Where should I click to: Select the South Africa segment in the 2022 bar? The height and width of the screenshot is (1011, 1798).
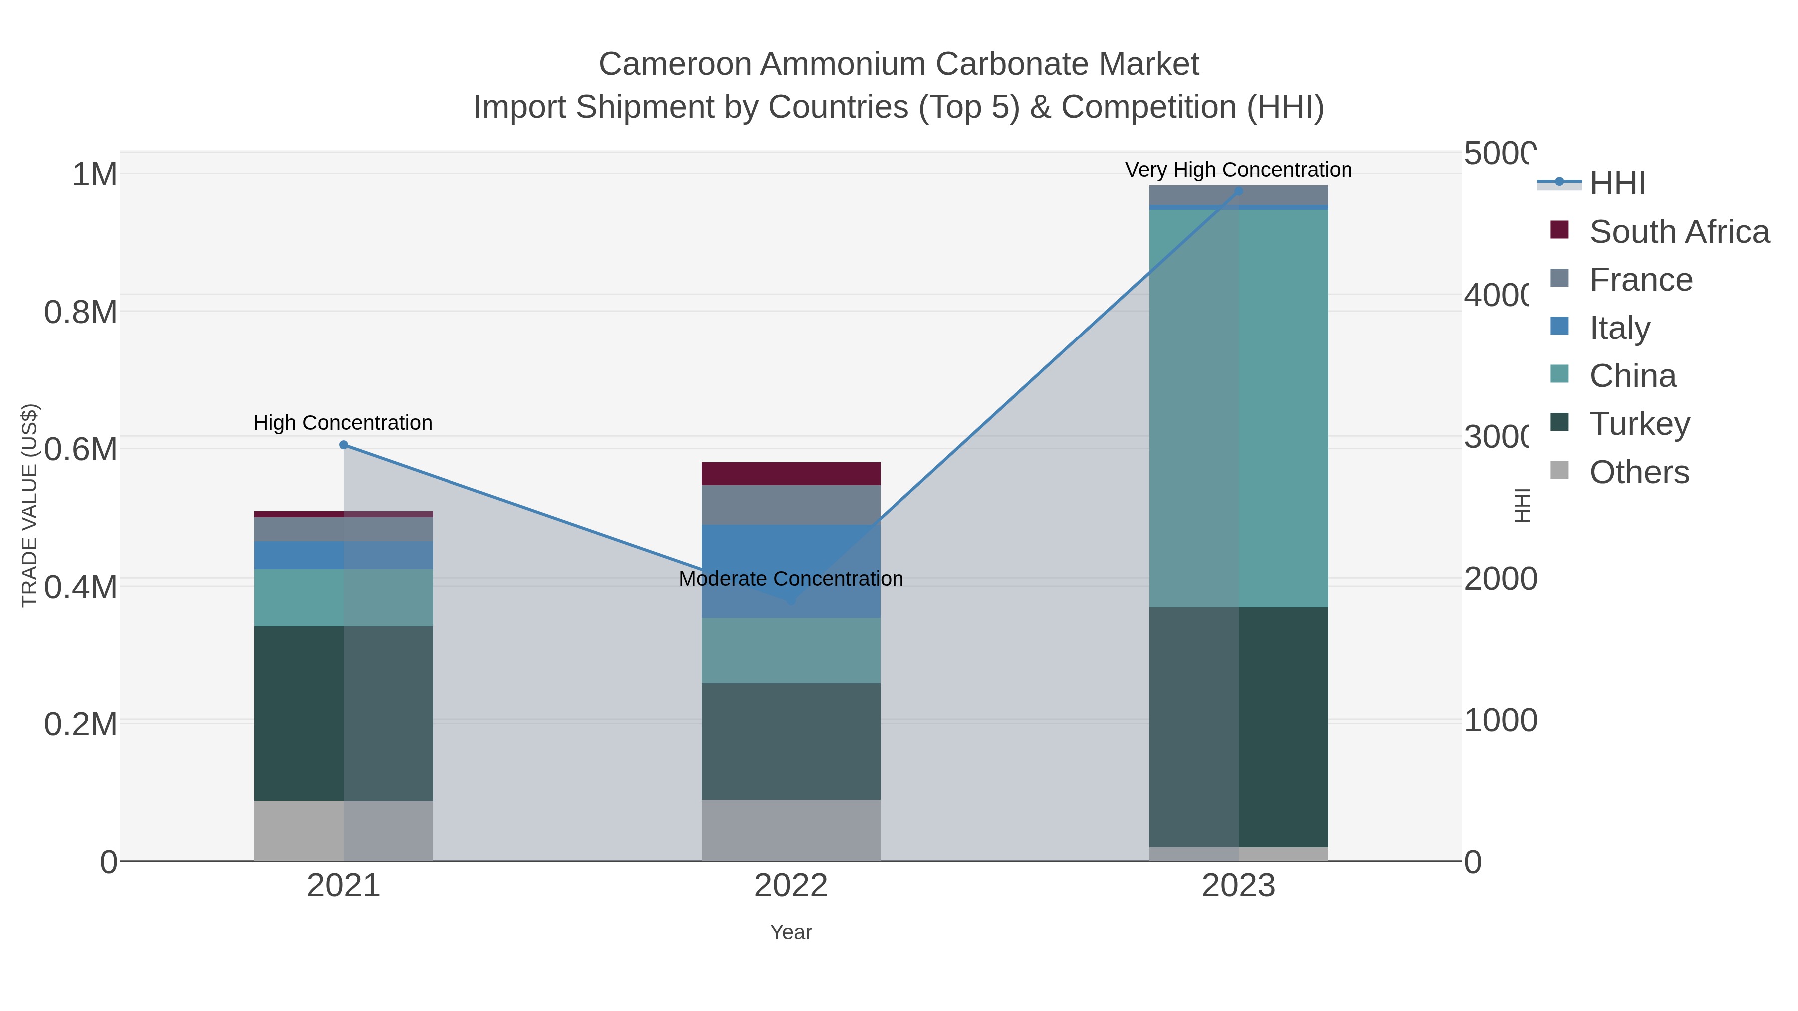click(x=791, y=474)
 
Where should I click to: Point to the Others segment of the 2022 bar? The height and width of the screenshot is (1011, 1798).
click(x=791, y=830)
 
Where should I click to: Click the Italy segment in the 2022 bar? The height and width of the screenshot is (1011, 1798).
click(x=791, y=558)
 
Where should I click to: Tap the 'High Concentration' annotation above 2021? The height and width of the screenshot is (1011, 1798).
click(x=343, y=423)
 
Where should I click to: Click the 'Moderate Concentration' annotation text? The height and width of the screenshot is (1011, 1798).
click(x=791, y=579)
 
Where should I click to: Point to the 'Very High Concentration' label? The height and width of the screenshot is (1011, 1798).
click(x=1238, y=170)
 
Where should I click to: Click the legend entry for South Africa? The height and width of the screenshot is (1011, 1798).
click(x=1679, y=232)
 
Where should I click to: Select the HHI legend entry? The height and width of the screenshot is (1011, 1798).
click(x=1617, y=184)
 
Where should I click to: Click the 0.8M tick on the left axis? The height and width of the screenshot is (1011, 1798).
click(x=81, y=313)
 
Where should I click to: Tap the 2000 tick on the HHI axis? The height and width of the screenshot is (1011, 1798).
click(x=1499, y=579)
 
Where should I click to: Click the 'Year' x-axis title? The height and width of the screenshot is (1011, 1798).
click(x=791, y=932)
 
